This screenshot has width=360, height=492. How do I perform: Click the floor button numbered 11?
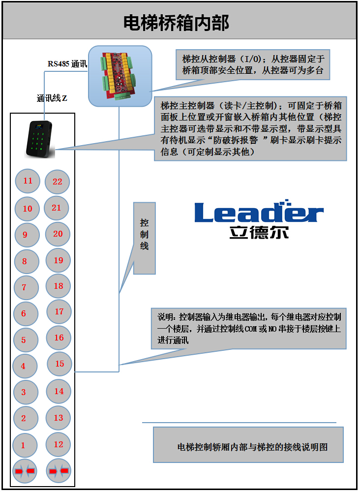28,181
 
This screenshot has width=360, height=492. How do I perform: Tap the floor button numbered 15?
60,364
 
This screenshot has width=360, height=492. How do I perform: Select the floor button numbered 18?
58,286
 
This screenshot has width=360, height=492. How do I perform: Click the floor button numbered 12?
58,445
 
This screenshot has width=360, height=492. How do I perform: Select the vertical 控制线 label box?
144,238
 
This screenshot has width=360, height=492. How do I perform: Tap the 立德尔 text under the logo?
258,232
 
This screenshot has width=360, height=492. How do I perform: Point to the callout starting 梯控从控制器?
253,64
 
